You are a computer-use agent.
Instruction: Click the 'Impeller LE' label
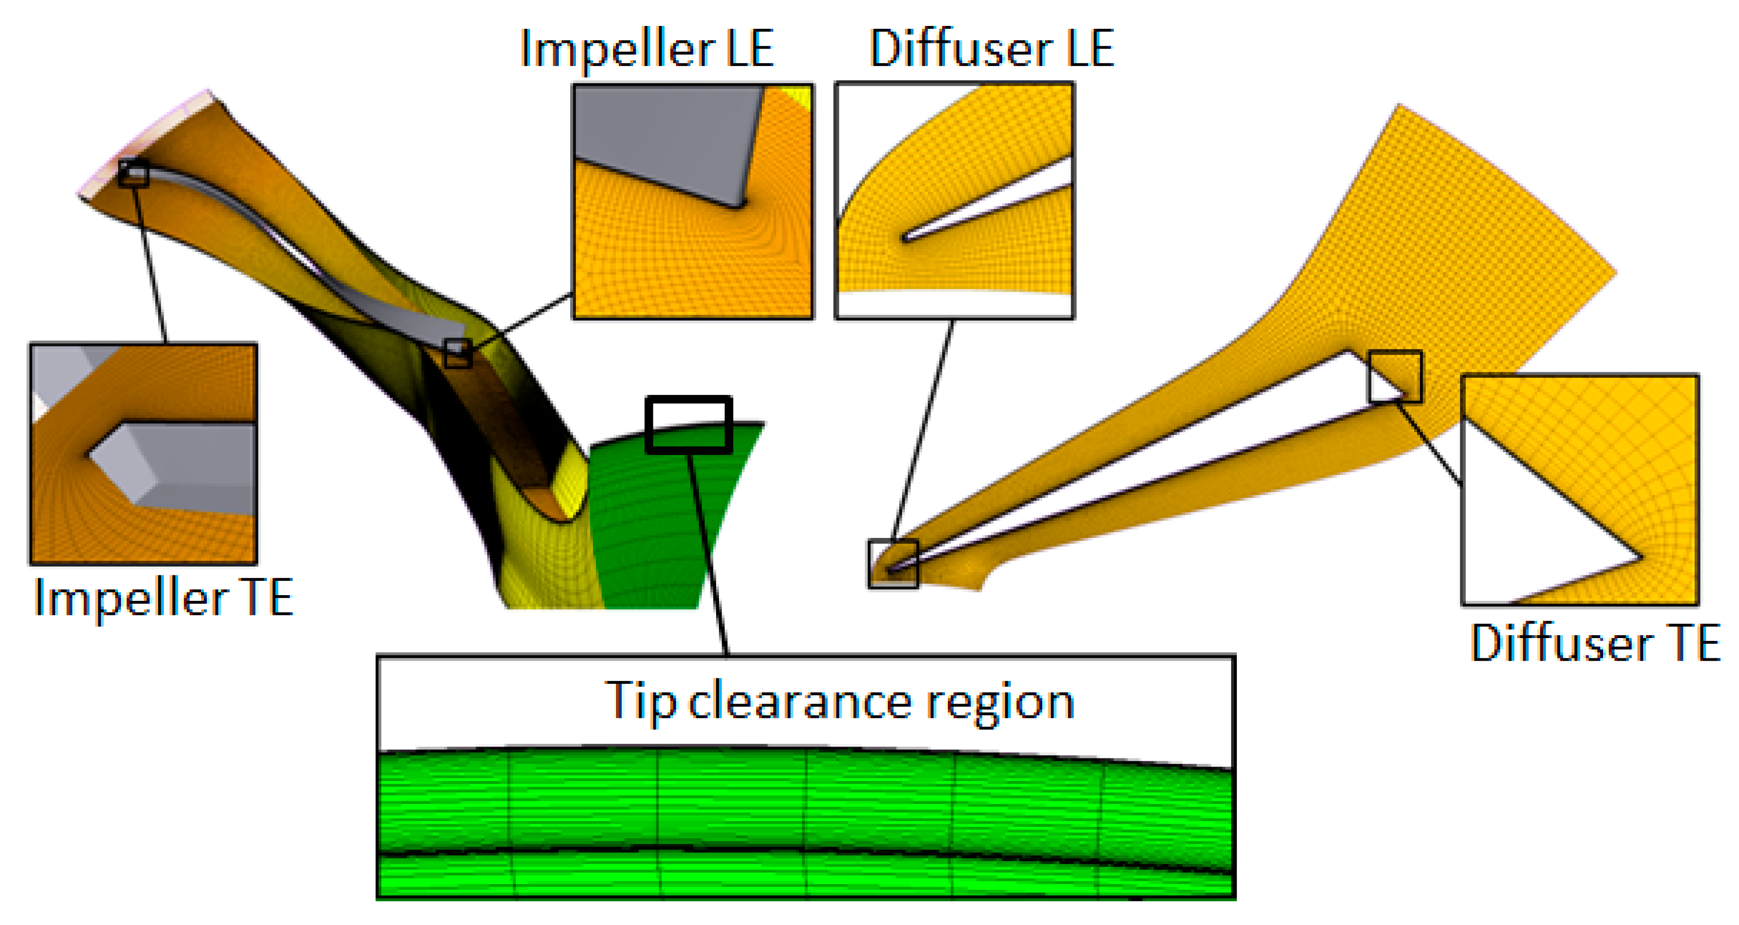[647, 49]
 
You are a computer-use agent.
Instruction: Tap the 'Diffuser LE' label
[991, 49]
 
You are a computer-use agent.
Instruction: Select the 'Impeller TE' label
[163, 598]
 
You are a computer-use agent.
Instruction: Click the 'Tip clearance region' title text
[839, 702]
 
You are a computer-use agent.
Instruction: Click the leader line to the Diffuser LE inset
[922, 432]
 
